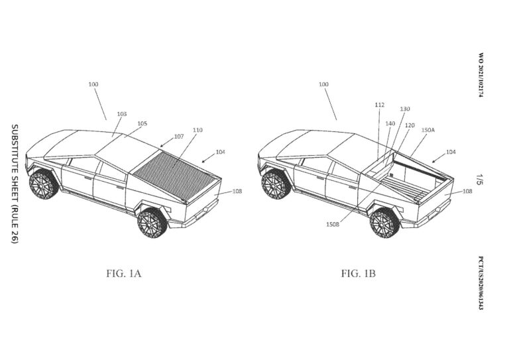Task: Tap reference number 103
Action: tap(122, 114)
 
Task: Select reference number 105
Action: tap(142, 123)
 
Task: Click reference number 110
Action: tap(198, 130)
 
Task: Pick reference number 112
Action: tap(379, 104)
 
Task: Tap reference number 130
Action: tap(404, 109)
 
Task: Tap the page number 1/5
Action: tap(479, 179)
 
